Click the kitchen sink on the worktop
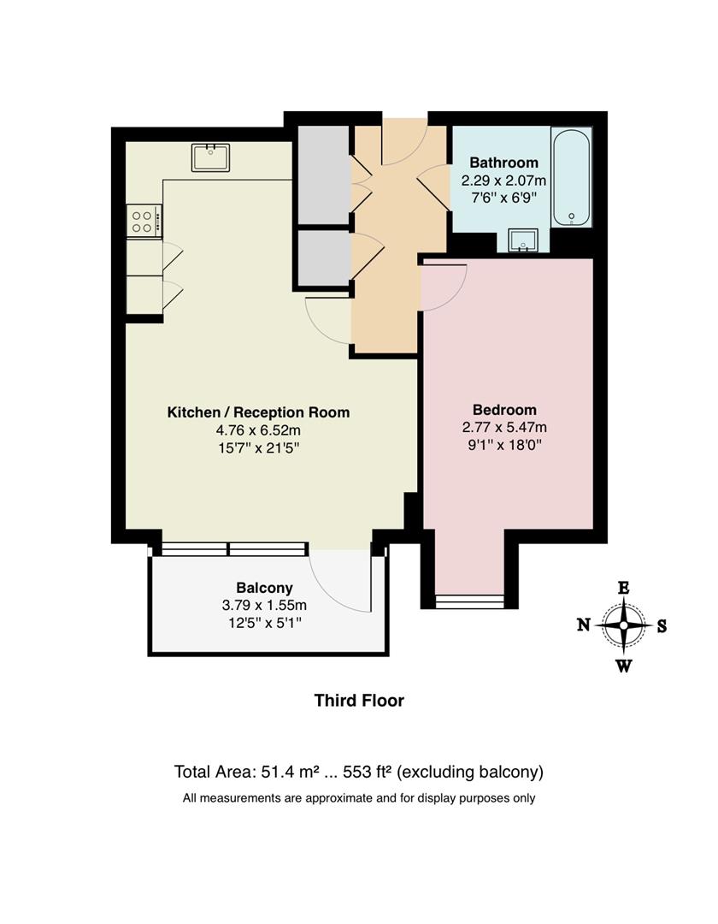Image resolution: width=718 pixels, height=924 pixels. [210, 157]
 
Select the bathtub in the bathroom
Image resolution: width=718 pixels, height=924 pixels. [571, 177]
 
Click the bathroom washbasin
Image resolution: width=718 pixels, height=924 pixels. [522, 241]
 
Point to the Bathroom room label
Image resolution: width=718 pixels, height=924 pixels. [503, 163]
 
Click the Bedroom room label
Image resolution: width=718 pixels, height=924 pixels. [504, 410]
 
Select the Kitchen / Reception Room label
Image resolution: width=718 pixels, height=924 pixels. [258, 412]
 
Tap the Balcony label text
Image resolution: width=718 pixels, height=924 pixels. [264, 588]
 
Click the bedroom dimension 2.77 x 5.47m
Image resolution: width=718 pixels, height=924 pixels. [504, 428]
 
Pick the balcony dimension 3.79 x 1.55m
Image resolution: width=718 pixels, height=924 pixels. [264, 606]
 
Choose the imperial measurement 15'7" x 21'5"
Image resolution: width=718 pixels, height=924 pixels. [258, 447]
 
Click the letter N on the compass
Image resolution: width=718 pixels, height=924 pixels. [583, 625]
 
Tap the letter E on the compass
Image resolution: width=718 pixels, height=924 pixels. [624, 588]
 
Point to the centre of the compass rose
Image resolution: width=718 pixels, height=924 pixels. [624, 625]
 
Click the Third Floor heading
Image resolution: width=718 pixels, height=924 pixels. [359, 701]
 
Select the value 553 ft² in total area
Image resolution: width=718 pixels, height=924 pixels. [367, 772]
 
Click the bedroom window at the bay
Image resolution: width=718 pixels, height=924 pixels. [469, 601]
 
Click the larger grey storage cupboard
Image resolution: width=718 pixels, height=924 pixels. [323, 175]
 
